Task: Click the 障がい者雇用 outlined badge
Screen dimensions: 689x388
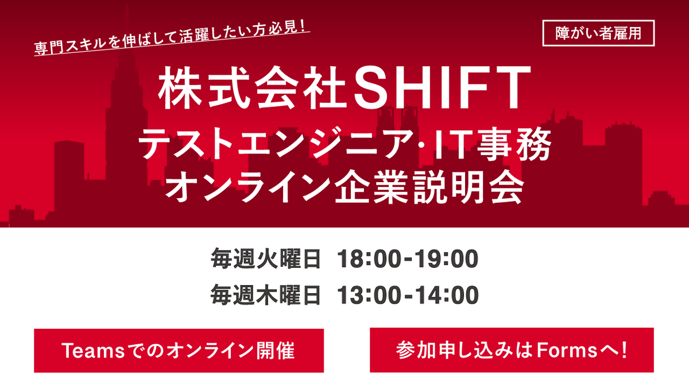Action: click(598, 33)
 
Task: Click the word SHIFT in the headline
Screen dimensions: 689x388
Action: click(443, 87)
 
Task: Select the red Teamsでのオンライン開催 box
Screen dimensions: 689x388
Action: click(179, 351)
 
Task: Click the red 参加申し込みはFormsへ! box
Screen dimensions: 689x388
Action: click(512, 350)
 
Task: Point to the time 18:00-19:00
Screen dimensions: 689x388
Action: click(408, 259)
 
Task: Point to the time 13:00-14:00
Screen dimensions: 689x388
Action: click(408, 295)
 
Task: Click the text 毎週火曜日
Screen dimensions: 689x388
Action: click(266, 259)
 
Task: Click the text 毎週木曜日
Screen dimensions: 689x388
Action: click(266, 295)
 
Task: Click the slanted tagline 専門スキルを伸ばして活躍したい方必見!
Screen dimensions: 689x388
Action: click(171, 38)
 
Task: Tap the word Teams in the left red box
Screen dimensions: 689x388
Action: click(93, 351)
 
